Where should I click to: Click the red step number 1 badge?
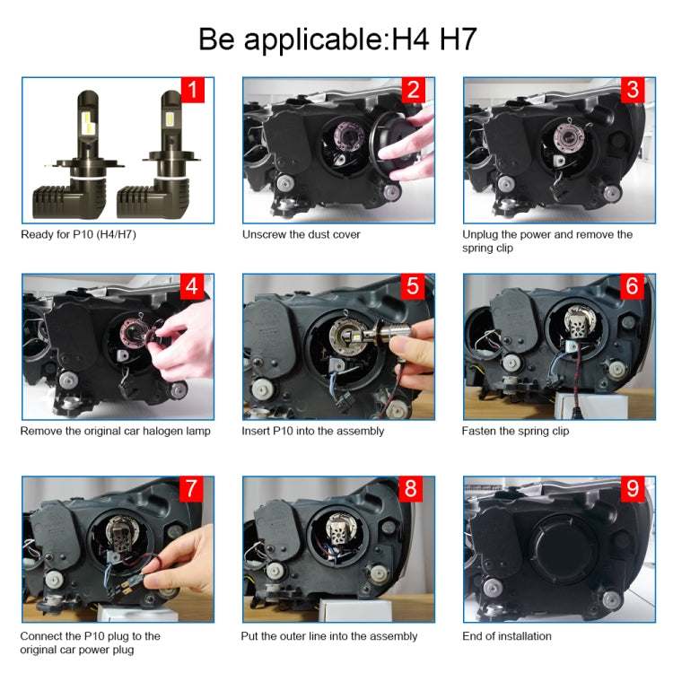(x=192, y=90)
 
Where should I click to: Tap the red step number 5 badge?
(x=413, y=286)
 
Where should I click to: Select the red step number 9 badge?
(x=633, y=489)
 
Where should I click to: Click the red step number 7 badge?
(x=191, y=489)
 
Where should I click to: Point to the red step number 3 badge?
(x=633, y=90)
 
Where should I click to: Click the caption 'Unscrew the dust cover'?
(x=302, y=234)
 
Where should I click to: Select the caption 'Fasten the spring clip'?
(x=515, y=431)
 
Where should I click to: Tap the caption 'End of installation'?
(x=507, y=636)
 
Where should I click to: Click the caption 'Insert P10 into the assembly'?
(x=313, y=431)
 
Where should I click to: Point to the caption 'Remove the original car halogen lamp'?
(x=116, y=431)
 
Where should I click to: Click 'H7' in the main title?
(x=458, y=39)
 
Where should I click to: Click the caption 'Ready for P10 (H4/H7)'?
(x=79, y=234)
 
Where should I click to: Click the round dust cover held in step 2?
(x=393, y=144)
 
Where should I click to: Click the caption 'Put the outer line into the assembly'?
(x=329, y=636)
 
